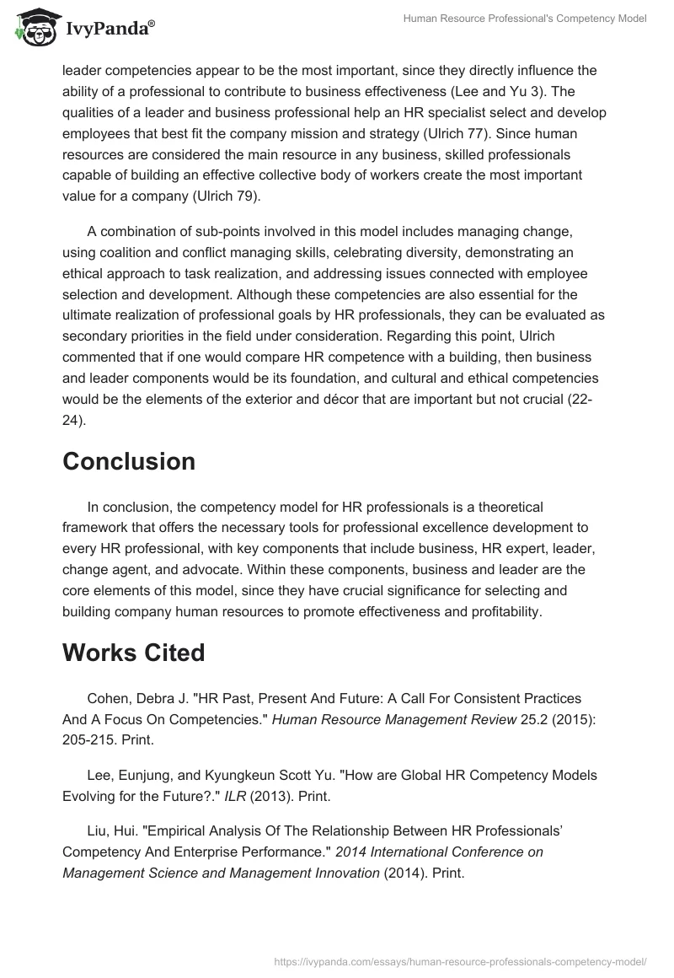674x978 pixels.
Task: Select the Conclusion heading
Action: (129, 461)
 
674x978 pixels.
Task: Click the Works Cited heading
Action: (133, 653)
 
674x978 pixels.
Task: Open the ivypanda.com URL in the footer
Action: (461, 960)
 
